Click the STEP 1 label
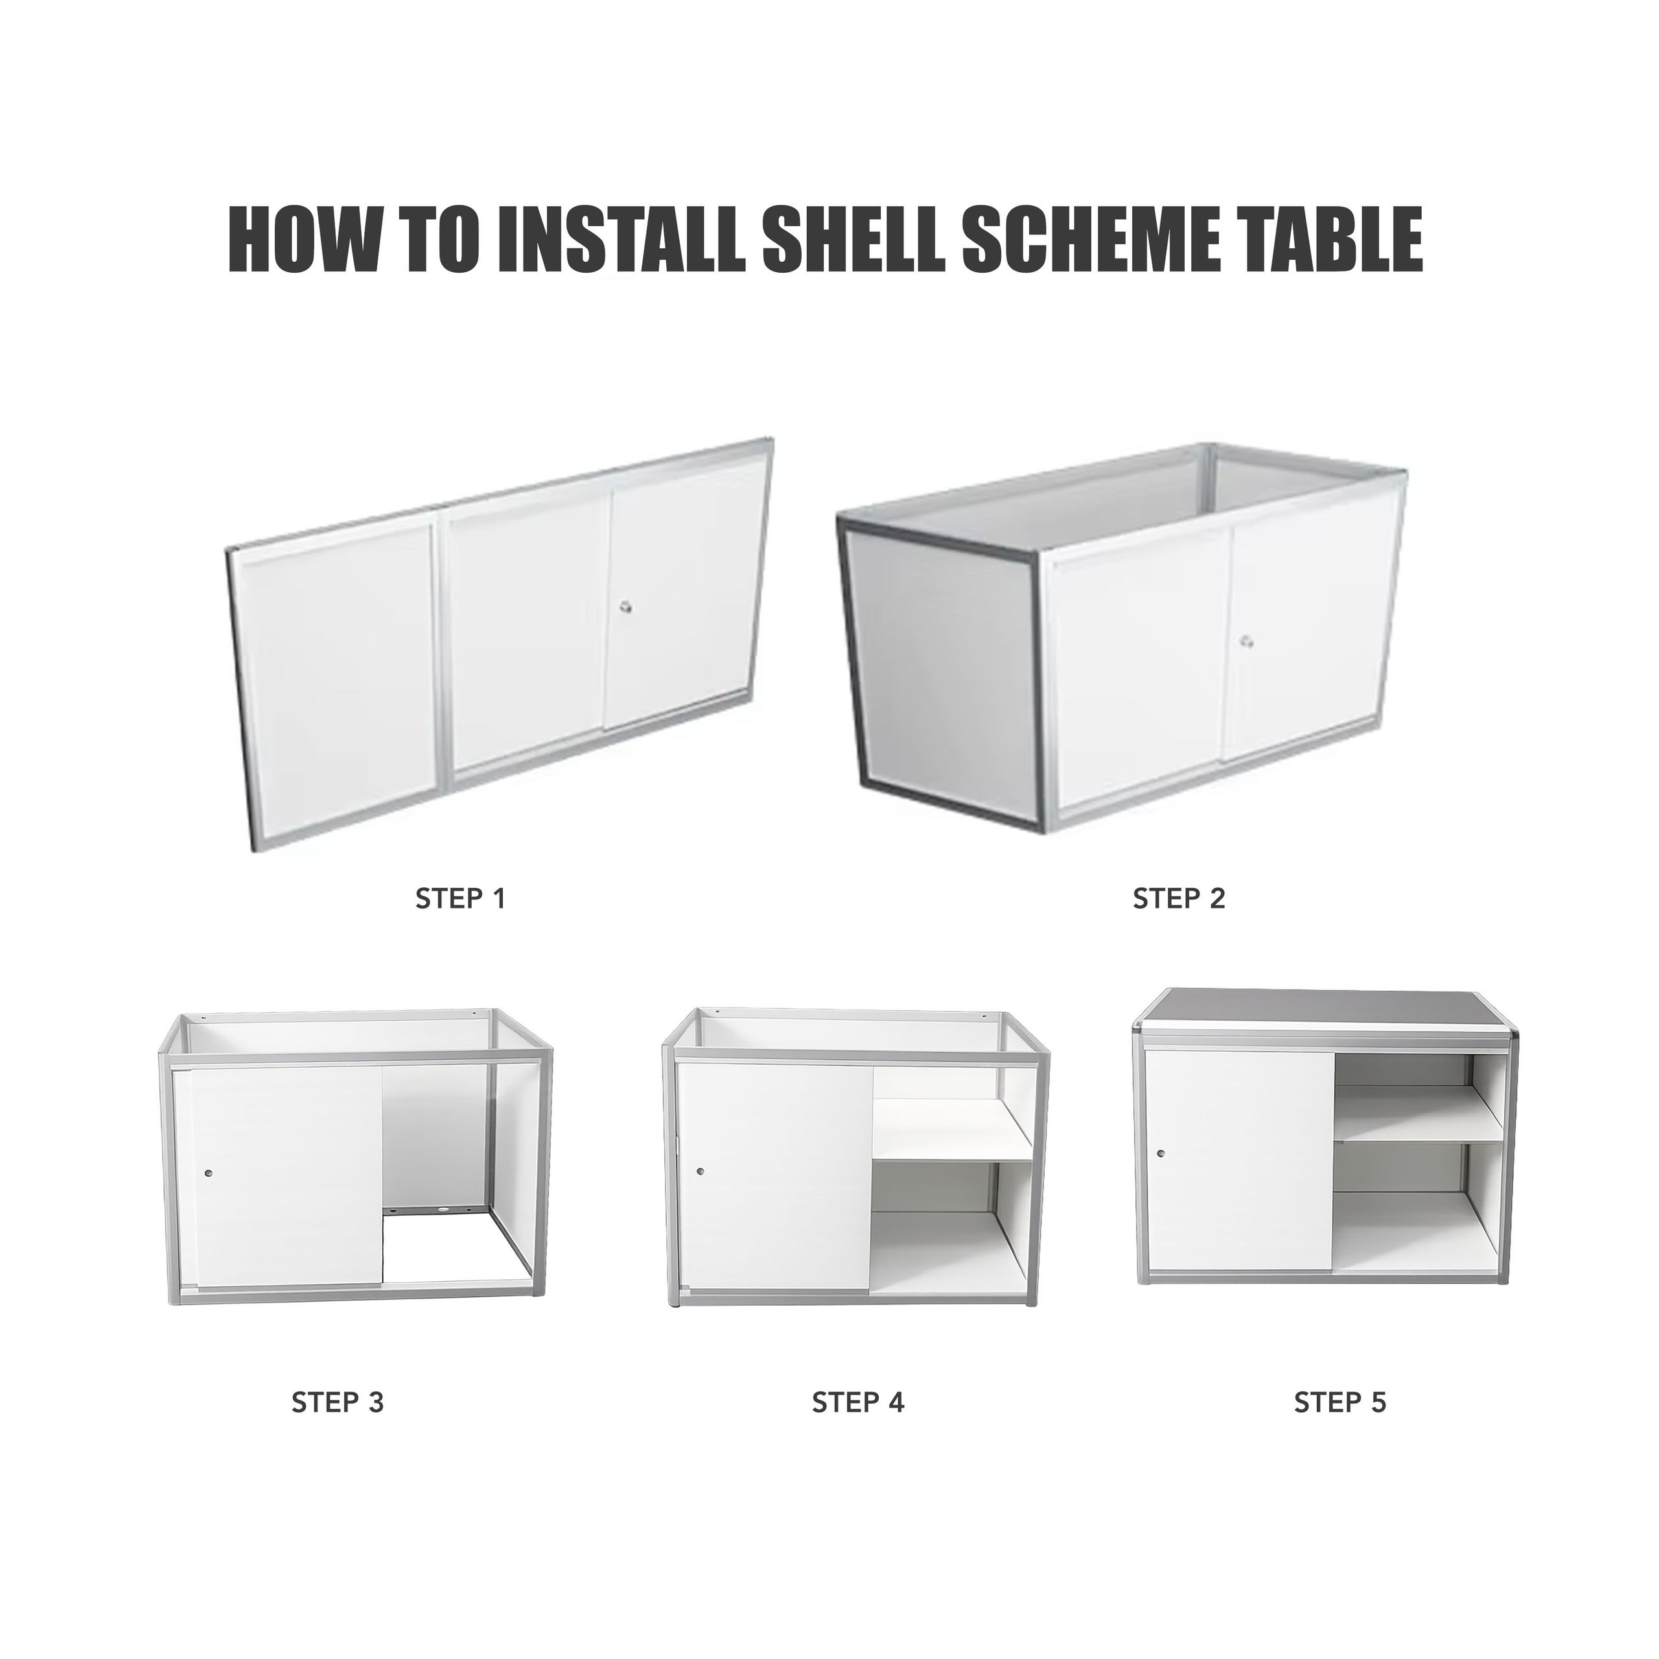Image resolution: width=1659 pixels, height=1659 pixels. click(460, 899)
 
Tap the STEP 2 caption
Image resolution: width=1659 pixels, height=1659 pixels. click(1178, 899)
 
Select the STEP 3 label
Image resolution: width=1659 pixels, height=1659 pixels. click(338, 1402)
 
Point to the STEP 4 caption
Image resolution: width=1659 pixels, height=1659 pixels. click(858, 1402)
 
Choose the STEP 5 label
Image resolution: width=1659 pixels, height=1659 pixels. click(1340, 1402)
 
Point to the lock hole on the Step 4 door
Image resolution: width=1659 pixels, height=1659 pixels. click(701, 1170)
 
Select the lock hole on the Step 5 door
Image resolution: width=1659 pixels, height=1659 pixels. click(1161, 1154)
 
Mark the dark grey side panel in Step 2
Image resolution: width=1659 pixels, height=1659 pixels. click(941, 676)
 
